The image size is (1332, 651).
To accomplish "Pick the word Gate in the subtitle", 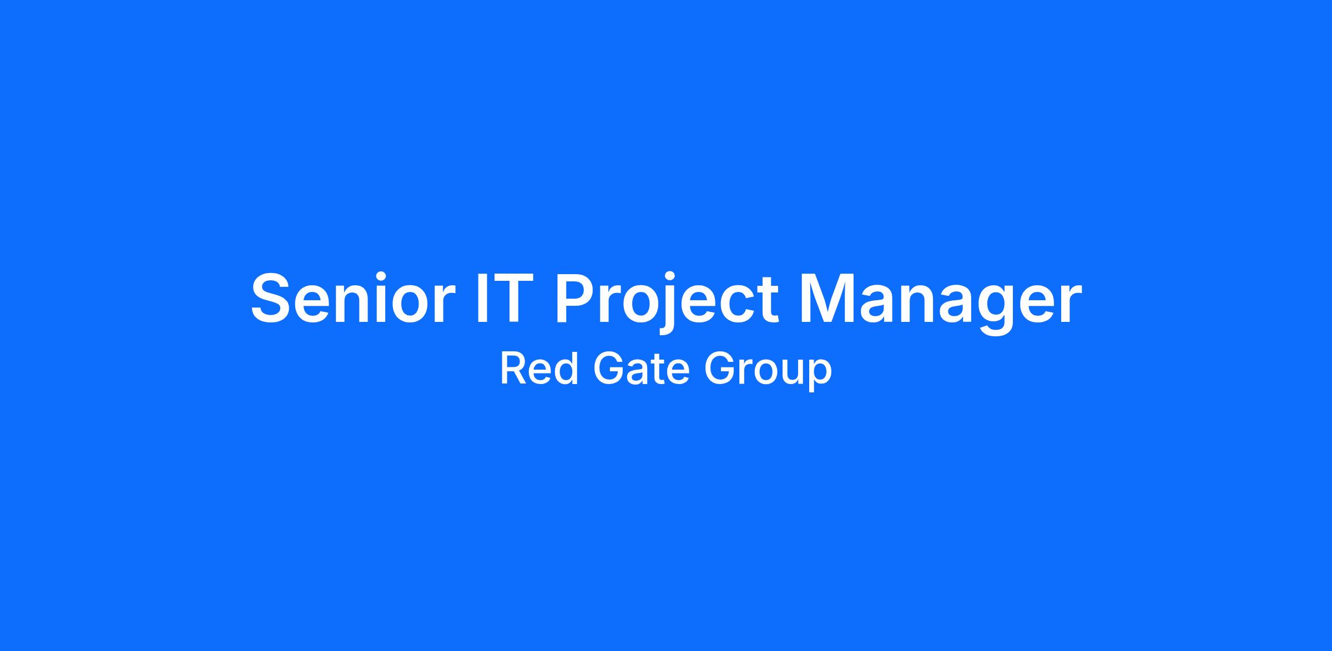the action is [x=641, y=369].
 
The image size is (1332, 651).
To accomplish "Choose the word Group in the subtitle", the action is [x=768, y=371].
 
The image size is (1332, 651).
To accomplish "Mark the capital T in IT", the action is [x=507, y=298].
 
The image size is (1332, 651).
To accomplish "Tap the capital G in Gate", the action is [x=608, y=369].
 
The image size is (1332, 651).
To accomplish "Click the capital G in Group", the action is [x=720, y=369].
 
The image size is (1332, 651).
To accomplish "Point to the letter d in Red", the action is [x=568, y=369].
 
